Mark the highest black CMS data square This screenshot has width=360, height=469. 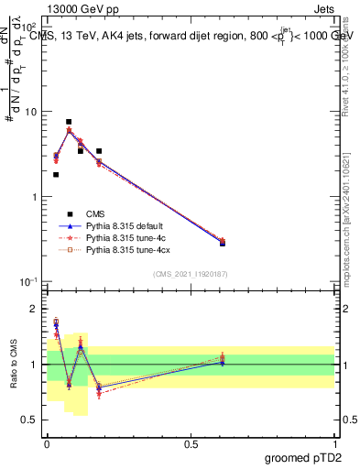pyautogui.click(x=69, y=122)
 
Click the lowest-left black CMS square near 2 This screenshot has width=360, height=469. pyautogui.click(x=56, y=174)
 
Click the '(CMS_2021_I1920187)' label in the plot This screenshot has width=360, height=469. pyautogui.click(x=191, y=273)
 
